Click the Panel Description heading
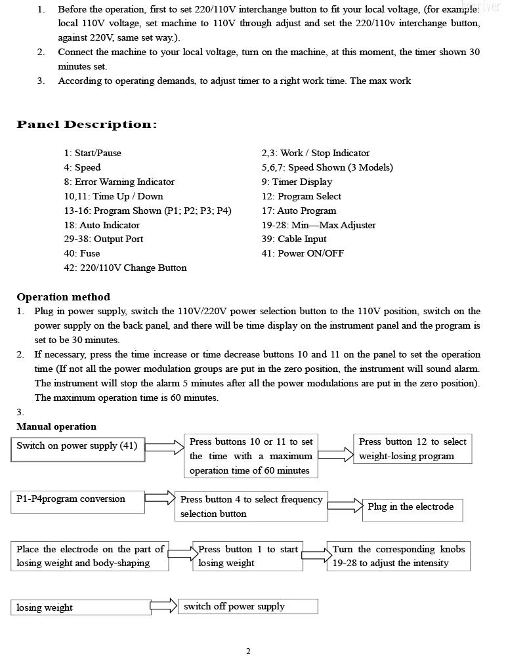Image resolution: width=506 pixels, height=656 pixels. pos(87,125)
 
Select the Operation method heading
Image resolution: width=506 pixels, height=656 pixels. pos(63,297)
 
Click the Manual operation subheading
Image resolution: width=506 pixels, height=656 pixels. pos(56,426)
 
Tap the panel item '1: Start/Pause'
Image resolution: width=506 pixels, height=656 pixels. pos(93,153)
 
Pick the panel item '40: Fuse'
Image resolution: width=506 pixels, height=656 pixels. pos(82,253)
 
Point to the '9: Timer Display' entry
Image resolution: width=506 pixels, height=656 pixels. pos(297,182)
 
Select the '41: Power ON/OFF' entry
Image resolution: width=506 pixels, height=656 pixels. pos(303,253)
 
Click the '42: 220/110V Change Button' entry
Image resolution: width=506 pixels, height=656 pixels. pos(125,268)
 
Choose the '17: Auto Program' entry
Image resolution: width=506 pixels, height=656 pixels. pos(299,211)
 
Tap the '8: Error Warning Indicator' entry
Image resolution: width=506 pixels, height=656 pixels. pos(119,182)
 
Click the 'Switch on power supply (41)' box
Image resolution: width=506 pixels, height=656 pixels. pos(78,449)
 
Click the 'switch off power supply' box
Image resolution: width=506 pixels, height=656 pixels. pos(248,606)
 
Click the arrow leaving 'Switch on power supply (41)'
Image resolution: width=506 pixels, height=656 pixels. pos(164,449)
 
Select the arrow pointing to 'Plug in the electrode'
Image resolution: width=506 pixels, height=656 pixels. pos(345,505)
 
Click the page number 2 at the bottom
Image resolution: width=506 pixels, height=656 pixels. pos(248,651)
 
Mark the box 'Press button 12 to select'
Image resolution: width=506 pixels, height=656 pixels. pos(412,449)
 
